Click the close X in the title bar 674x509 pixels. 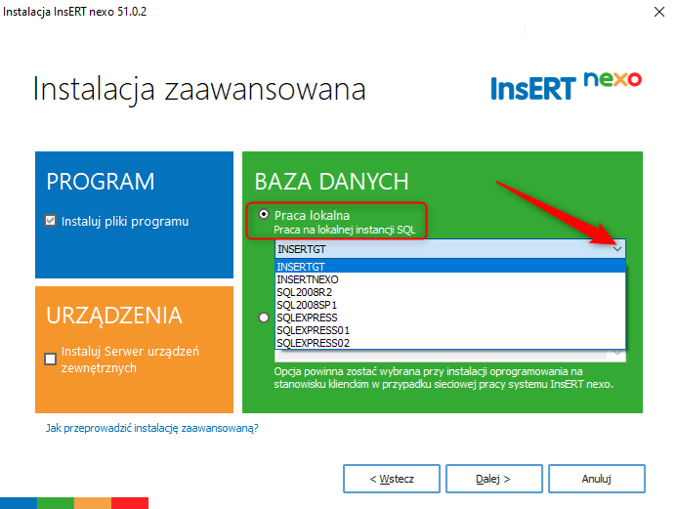[x=659, y=12]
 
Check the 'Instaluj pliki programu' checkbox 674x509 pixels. [x=50, y=221]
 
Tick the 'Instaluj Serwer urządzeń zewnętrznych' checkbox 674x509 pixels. [x=50, y=359]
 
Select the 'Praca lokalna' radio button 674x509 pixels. [x=264, y=214]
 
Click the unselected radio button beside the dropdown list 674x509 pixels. [x=264, y=318]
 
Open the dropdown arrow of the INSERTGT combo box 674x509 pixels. [x=617, y=249]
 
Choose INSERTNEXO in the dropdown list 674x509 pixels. [x=308, y=279]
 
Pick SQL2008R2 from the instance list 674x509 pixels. [x=305, y=292]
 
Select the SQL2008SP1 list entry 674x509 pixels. [x=307, y=305]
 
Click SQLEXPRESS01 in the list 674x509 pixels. [x=313, y=330]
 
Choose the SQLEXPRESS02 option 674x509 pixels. [x=313, y=343]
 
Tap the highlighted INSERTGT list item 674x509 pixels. [x=301, y=267]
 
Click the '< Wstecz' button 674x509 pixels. [x=392, y=479]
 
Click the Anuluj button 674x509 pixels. [x=597, y=479]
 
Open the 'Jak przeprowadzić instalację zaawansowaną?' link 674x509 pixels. [x=152, y=428]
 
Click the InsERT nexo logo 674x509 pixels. [x=567, y=86]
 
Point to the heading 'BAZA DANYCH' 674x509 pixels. [x=331, y=182]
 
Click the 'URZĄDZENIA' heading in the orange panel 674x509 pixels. [x=114, y=317]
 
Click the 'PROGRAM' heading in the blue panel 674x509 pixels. [x=101, y=182]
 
